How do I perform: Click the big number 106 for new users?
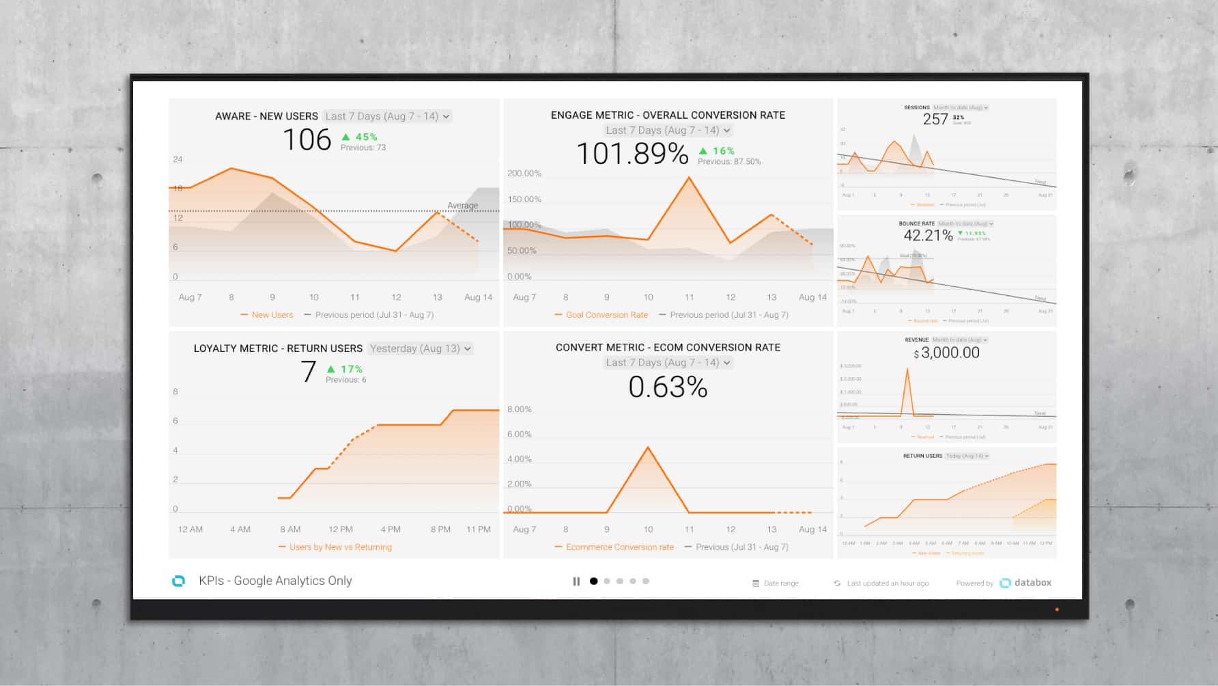(307, 140)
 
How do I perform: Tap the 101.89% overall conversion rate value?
(632, 154)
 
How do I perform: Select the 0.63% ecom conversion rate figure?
(668, 387)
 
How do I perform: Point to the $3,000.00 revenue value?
(950, 353)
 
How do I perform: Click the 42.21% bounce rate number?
(928, 236)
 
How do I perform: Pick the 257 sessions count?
(935, 120)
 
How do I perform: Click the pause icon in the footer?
(576, 581)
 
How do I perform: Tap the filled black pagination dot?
(593, 581)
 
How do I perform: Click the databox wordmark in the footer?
(1032, 583)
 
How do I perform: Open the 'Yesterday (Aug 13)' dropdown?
(421, 348)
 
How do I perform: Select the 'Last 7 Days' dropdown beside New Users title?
(387, 116)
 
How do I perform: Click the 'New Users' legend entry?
(272, 315)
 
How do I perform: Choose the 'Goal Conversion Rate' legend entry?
(606, 315)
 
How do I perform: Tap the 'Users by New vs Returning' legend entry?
(340, 547)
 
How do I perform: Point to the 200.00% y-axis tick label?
(524, 174)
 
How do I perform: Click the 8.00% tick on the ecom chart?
(519, 409)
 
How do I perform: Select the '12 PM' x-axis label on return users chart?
(341, 530)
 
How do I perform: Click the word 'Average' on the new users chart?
(462, 206)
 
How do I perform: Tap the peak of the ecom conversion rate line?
(648, 448)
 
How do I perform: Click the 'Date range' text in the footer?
(780, 584)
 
